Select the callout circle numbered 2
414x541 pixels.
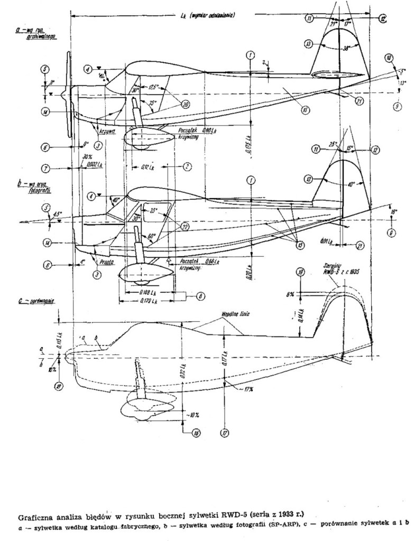click(187, 166)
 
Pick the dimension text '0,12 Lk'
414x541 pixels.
click(147, 167)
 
